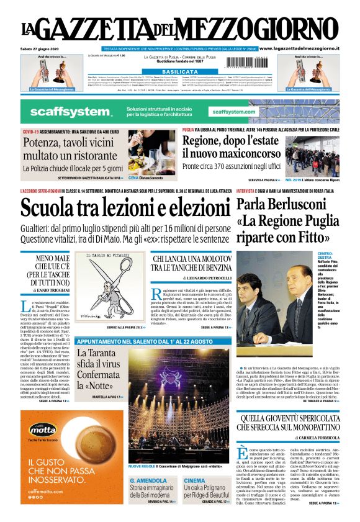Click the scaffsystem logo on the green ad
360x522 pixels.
pyautogui.click(x=63, y=112)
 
